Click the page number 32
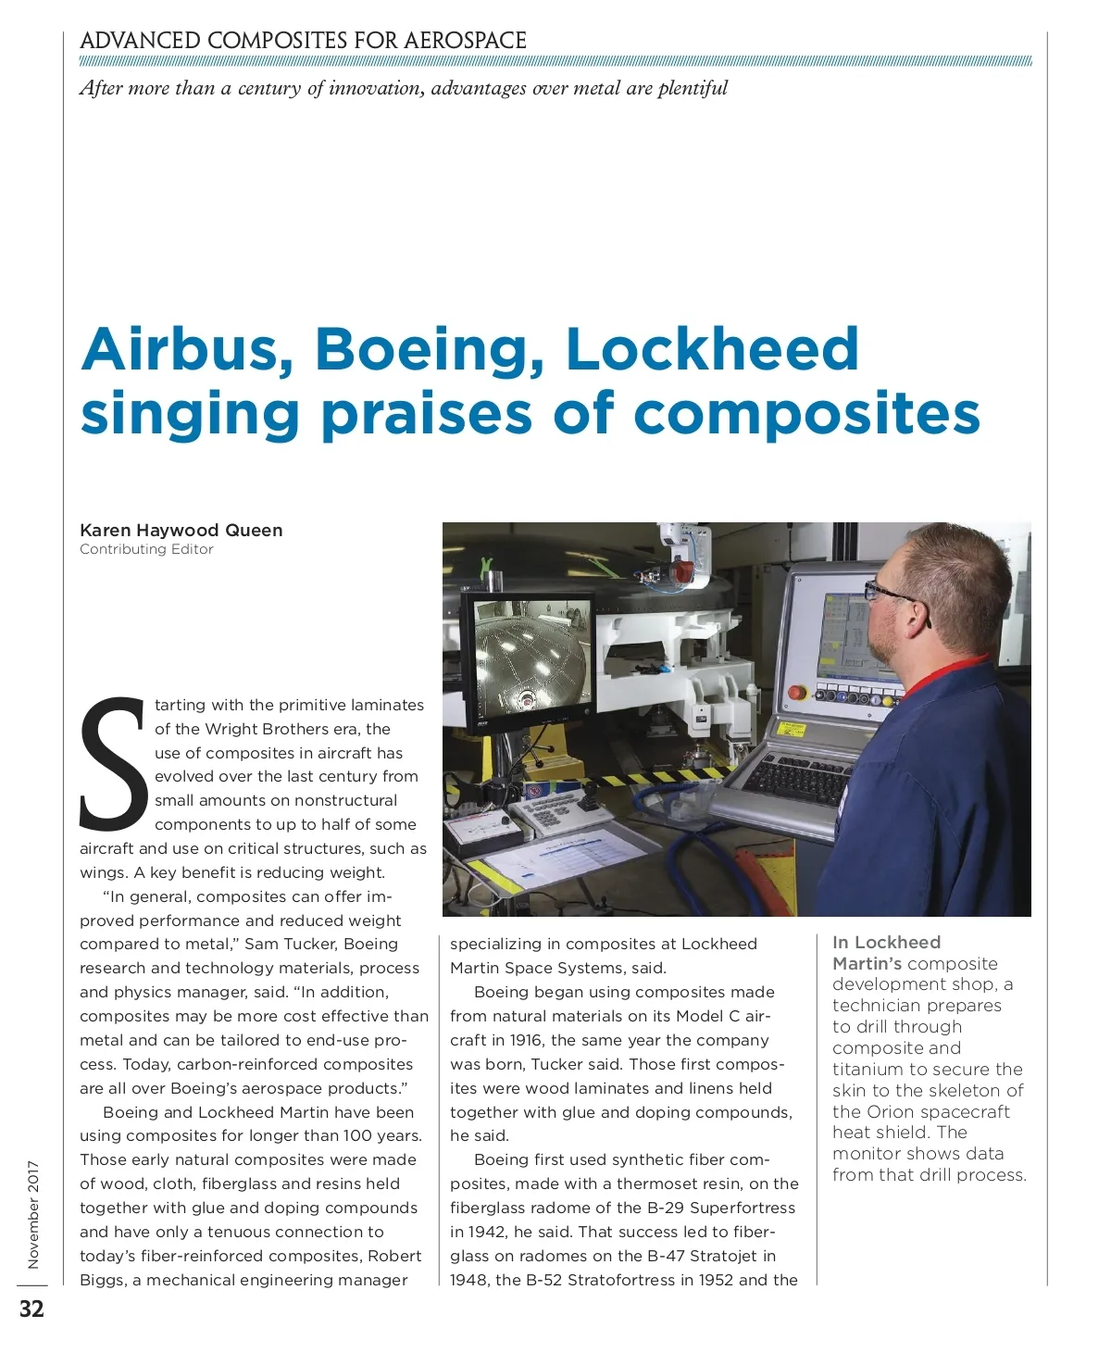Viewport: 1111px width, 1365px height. [x=31, y=1309]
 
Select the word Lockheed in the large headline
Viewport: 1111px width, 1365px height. [x=712, y=349]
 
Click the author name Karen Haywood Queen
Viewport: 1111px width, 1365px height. [x=181, y=531]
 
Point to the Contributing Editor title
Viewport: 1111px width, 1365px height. [x=146, y=549]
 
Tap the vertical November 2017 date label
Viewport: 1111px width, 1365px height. [x=33, y=1214]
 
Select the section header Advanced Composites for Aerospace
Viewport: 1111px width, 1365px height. [x=303, y=41]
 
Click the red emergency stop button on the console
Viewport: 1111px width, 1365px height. [x=795, y=693]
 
